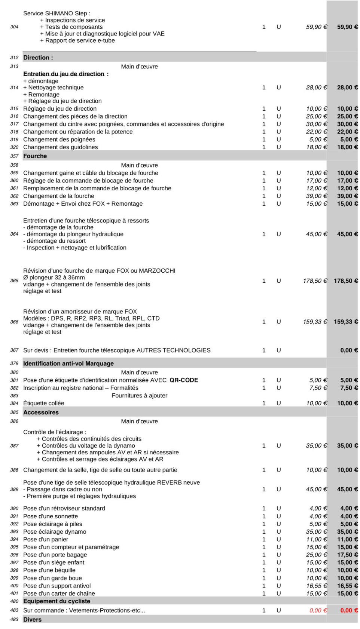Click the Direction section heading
[x=38, y=58]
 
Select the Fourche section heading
[x=35, y=156]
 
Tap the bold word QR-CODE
[x=184, y=380]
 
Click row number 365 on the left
[x=14, y=280]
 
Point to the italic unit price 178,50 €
[x=315, y=281]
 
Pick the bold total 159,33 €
[x=345, y=322]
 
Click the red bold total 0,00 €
[x=349, y=610]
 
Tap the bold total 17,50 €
[x=347, y=555]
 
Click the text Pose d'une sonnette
[x=51, y=516]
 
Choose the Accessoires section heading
[x=41, y=412]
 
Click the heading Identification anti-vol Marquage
[x=68, y=363]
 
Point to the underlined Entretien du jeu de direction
[x=64, y=74]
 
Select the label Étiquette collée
[x=43, y=403]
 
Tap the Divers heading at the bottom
[x=32, y=619]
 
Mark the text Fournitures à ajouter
[x=139, y=395]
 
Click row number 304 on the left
[x=14, y=27]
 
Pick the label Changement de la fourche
[x=58, y=196]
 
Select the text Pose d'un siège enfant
[x=54, y=562]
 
